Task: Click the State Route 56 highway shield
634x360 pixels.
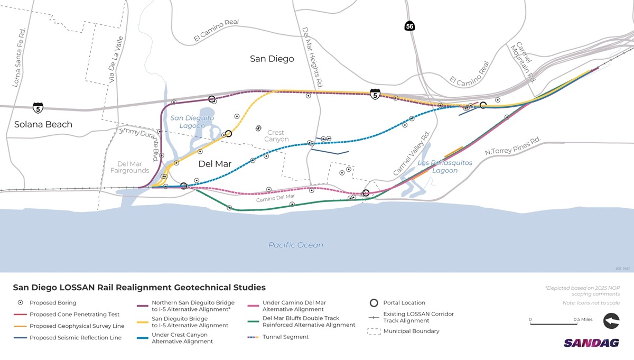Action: click(x=410, y=26)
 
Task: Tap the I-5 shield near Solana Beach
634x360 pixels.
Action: click(x=38, y=108)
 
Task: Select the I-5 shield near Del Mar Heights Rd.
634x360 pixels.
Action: click(x=375, y=95)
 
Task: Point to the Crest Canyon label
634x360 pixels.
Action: click(x=276, y=136)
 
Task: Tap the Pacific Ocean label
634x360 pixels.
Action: click(x=295, y=245)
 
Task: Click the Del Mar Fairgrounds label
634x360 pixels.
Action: click(x=130, y=167)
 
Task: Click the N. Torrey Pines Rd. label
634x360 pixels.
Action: click(x=513, y=146)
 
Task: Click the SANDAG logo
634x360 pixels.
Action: click(x=591, y=343)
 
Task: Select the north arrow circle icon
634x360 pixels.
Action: click(x=611, y=321)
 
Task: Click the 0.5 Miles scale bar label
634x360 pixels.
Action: click(x=583, y=319)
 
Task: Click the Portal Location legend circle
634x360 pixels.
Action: click(x=374, y=303)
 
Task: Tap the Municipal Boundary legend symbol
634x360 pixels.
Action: click(x=374, y=331)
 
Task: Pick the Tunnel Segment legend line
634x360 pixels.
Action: click(x=254, y=337)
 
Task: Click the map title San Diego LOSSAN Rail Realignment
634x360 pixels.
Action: click(x=139, y=288)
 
